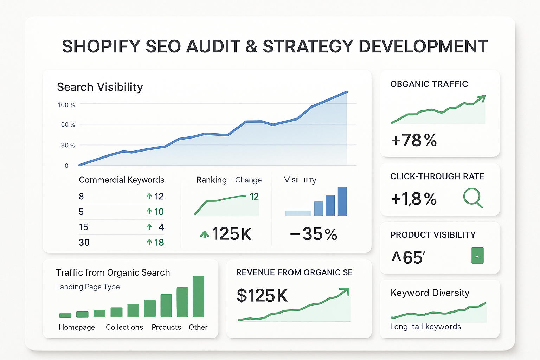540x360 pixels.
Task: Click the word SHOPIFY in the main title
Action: coord(101,46)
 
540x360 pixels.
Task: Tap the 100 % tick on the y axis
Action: coord(66,105)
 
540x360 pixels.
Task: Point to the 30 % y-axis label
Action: coord(68,145)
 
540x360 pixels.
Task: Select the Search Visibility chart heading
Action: coord(100,87)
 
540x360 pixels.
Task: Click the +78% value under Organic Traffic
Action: coord(414,140)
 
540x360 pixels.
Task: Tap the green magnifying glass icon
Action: coord(472,198)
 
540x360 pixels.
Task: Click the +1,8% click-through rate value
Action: coord(414,199)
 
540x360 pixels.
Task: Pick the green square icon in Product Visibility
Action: coord(477,256)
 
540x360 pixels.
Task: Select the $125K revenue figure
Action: coord(262,295)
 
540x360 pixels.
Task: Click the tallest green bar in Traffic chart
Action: coord(198,296)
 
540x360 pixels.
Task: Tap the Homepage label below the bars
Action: coord(77,327)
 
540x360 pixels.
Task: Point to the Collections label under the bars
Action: coord(124,327)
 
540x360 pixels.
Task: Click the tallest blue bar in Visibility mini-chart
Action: coord(342,201)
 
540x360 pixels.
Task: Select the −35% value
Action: coord(313,234)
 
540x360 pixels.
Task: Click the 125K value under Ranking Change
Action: coord(231,234)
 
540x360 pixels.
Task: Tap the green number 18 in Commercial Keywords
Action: coord(159,242)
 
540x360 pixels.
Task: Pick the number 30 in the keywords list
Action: coord(84,242)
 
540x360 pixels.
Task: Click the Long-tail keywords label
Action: coord(425,327)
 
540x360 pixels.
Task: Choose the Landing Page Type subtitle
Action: coord(88,287)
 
